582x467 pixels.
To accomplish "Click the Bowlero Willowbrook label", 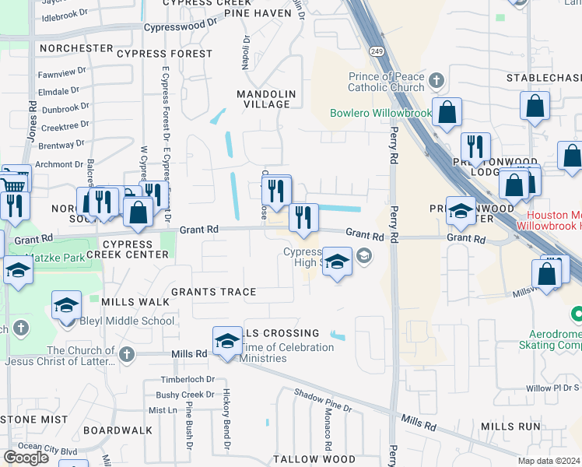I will point(380,113).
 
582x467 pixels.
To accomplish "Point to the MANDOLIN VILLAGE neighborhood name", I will point(266,99).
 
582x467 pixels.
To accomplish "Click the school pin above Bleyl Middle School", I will point(67,304).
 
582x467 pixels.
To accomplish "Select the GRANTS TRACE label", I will point(213,292).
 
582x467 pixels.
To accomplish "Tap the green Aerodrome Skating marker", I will point(576,314).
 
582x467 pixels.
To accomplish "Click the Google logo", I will point(26,457).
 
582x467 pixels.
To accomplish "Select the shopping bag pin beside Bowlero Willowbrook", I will point(447,112).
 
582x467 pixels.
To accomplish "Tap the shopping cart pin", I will point(16,181).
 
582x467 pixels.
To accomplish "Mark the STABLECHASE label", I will point(544,78).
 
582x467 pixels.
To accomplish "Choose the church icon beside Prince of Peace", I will point(436,80).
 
